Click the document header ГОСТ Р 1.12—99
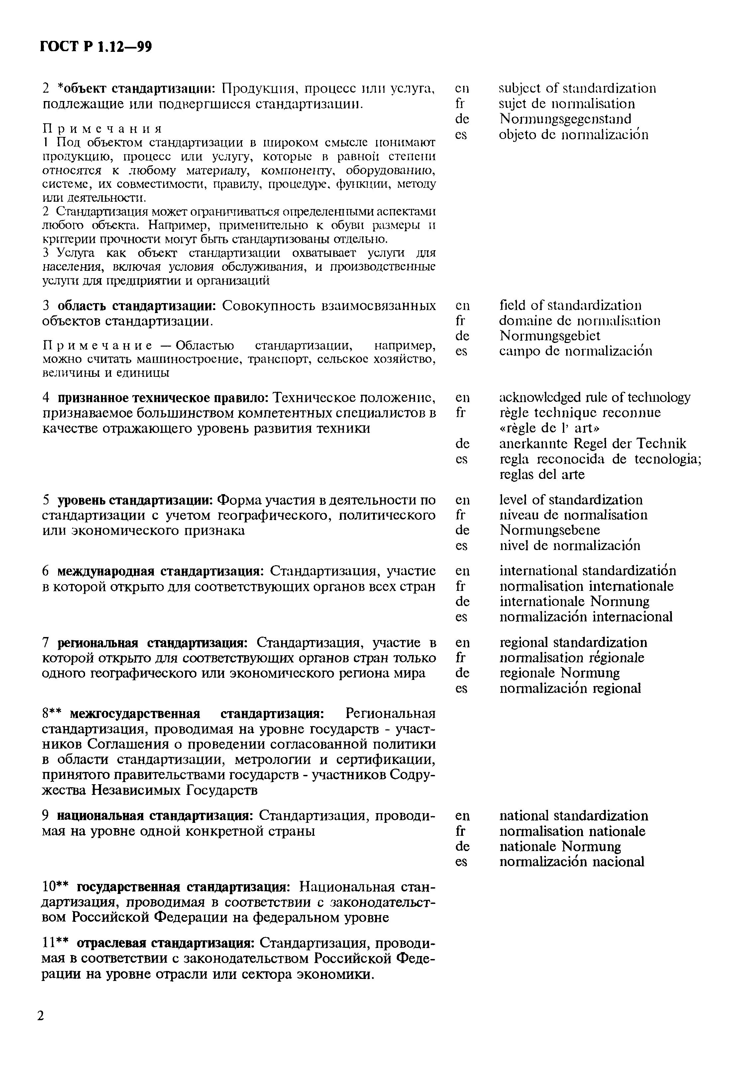96,47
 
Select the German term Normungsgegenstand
565,119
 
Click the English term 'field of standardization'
571,305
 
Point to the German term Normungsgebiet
550,335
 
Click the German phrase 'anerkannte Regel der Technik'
592,443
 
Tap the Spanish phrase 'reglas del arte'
542,474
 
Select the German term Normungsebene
550,530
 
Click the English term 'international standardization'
587,571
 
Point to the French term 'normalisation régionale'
572,657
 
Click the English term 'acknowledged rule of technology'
594,397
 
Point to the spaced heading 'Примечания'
103,128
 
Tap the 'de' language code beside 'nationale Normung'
462,846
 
